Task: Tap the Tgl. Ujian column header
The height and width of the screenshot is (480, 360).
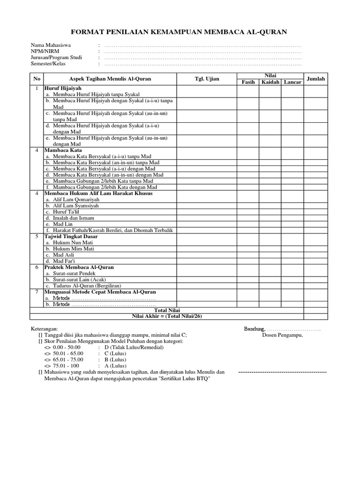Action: pyautogui.click(x=207, y=78)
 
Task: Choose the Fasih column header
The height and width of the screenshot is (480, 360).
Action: pyautogui.click(x=248, y=82)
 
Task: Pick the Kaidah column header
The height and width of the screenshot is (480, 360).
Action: pyautogui.click(x=270, y=82)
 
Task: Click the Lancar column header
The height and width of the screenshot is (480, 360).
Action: pyautogui.click(x=292, y=82)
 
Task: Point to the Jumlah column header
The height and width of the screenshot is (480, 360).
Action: pyautogui.click(x=315, y=79)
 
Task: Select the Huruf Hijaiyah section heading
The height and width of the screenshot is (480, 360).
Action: pyautogui.click(x=63, y=88)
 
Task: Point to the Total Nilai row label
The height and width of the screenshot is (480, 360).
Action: pyautogui.click(x=167, y=310)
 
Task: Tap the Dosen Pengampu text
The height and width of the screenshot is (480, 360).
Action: pyautogui.click(x=282, y=335)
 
